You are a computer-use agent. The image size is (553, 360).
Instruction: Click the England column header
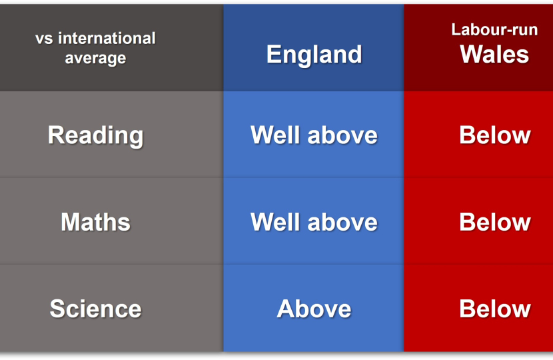click(x=314, y=55)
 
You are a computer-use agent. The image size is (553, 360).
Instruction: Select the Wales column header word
click(x=494, y=54)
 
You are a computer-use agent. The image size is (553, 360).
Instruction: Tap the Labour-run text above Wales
click(x=494, y=29)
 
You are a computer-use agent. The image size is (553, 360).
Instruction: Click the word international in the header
click(x=107, y=38)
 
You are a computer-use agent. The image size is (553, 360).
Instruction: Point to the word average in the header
click(x=95, y=58)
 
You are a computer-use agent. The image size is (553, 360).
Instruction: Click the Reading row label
click(x=95, y=135)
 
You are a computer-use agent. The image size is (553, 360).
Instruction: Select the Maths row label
click(x=95, y=222)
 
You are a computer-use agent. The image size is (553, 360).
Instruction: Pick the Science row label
click(x=95, y=309)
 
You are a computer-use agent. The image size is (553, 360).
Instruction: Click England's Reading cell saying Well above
click(x=314, y=135)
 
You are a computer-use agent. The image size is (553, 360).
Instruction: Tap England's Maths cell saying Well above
click(x=314, y=222)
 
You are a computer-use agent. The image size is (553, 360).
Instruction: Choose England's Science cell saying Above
click(x=314, y=309)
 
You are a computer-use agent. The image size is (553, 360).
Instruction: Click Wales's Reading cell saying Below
click(x=495, y=135)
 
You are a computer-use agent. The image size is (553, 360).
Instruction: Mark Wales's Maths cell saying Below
click(x=495, y=222)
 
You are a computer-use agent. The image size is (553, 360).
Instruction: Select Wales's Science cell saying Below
click(x=495, y=309)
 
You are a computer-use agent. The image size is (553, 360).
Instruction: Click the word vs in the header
click(x=44, y=39)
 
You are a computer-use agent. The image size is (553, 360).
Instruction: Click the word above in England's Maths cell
click(x=342, y=222)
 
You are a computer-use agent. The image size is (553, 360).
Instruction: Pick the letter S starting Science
click(x=57, y=309)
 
